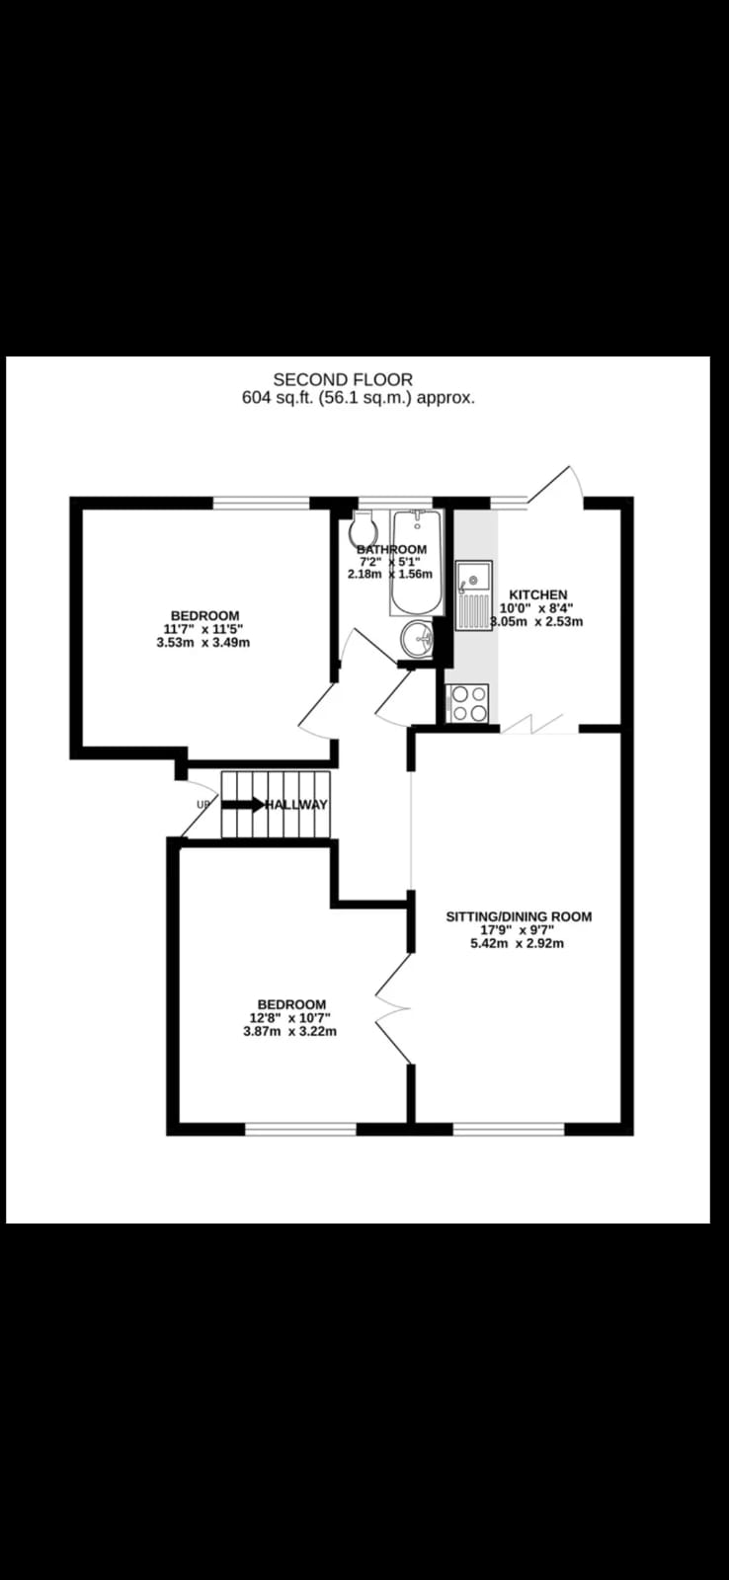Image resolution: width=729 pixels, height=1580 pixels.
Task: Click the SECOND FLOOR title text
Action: [343, 381]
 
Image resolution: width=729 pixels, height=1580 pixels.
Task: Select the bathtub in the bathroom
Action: [417, 563]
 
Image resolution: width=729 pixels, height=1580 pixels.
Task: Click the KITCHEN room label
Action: [537, 594]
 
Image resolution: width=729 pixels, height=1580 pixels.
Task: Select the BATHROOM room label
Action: [392, 549]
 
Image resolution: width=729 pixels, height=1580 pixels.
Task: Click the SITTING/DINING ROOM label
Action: [519, 917]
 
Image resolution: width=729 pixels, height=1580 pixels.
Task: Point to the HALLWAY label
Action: [296, 805]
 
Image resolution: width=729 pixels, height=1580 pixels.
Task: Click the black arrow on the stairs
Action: [243, 805]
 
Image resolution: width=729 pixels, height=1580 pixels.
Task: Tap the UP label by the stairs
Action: [203, 804]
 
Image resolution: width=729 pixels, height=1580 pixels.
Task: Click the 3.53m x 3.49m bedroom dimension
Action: [203, 643]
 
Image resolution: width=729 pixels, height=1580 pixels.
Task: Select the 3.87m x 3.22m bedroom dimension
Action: [289, 1031]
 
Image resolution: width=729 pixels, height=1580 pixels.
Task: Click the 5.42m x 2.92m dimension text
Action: [518, 943]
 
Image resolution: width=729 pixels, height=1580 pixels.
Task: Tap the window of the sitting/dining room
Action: [509, 1130]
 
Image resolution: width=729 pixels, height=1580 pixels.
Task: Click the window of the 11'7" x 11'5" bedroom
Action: [262, 503]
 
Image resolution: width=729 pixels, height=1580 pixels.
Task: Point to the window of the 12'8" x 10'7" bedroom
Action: [300, 1130]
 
